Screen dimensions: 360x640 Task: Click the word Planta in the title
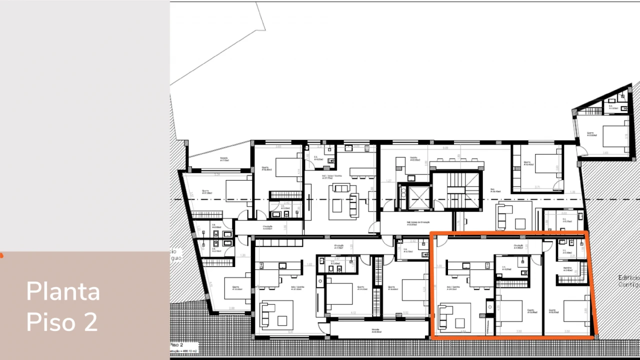pos(63,291)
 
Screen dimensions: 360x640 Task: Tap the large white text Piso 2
pos(62,321)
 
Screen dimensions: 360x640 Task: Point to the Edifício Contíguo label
pos(628,280)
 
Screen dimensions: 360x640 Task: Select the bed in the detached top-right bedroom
pos(614,135)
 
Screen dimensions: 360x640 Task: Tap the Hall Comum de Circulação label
pos(418,223)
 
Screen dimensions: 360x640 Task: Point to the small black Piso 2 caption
pos(177,345)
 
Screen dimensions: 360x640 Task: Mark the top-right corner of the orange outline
pos(586,232)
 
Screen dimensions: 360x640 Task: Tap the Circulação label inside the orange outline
pos(518,246)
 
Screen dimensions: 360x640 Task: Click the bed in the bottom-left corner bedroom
pos(237,289)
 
